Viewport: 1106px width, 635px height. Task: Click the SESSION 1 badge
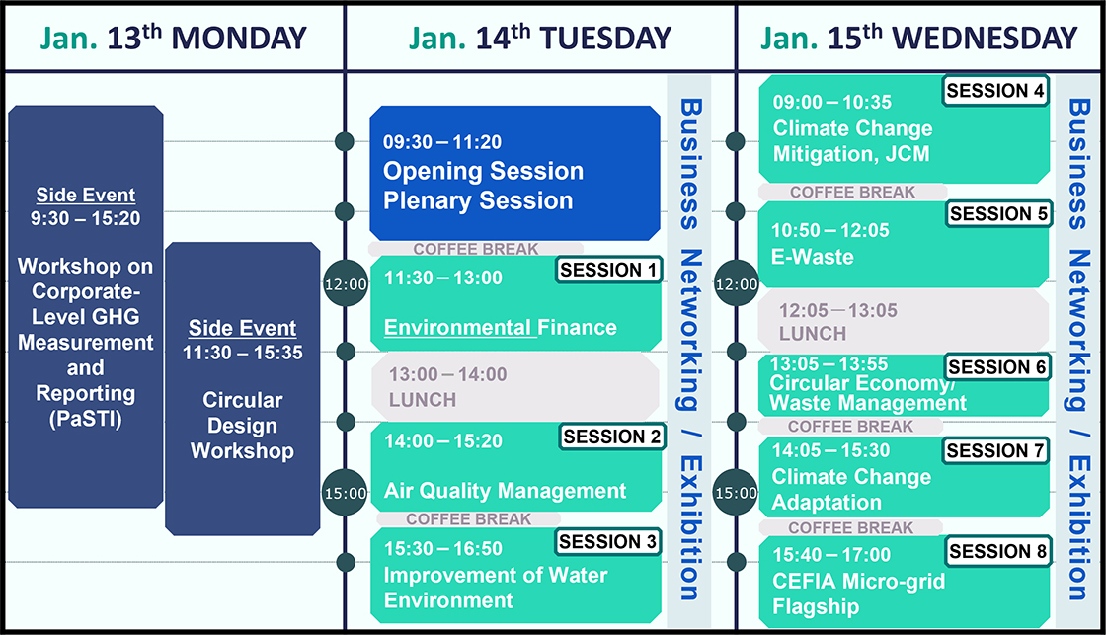[x=608, y=270]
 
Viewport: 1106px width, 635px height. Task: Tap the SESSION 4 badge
[x=995, y=90]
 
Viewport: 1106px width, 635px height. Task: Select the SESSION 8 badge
[x=998, y=551]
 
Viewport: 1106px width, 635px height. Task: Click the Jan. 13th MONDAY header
[x=174, y=38]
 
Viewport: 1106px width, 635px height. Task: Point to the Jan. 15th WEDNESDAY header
[x=918, y=38]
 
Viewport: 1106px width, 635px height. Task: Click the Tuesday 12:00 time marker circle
[x=346, y=283]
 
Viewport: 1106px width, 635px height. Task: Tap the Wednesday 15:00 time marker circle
[x=736, y=493]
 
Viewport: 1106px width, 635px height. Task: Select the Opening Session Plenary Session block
[x=514, y=173]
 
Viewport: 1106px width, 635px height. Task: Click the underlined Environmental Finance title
[x=500, y=328]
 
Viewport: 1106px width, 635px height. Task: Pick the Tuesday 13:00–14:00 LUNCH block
[x=514, y=386]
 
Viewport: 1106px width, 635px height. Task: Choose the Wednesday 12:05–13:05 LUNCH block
[x=904, y=321]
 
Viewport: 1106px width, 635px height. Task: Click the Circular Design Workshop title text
[x=243, y=426]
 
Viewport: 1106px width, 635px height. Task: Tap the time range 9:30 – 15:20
[x=85, y=218]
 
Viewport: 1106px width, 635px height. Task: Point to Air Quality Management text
[x=505, y=491]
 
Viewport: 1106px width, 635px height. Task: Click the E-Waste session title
[x=813, y=257]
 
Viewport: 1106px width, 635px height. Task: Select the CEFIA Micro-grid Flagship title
[x=858, y=594]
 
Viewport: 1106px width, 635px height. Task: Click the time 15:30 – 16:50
[x=443, y=548]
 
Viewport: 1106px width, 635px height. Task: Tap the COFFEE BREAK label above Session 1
[x=475, y=249]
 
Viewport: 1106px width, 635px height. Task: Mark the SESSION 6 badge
[x=996, y=367]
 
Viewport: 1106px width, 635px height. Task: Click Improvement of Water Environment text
[x=495, y=588]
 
